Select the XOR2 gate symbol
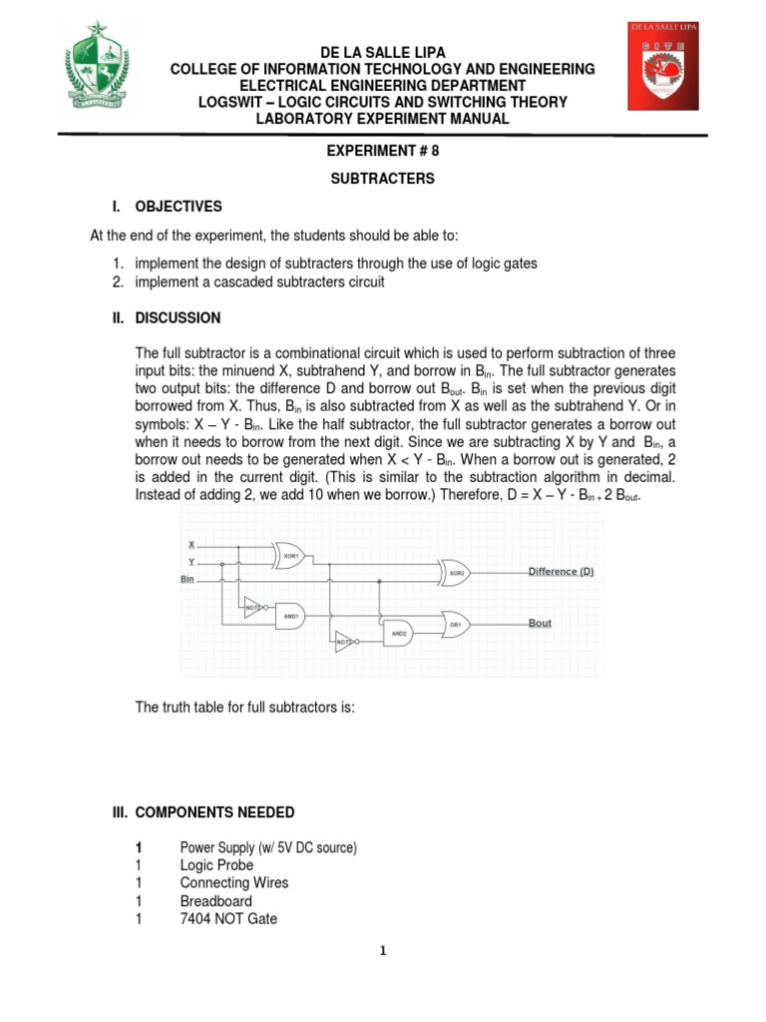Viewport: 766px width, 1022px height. (456, 573)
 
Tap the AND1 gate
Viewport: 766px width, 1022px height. (289, 616)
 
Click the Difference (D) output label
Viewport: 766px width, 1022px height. (561, 571)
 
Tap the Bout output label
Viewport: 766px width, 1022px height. (540, 623)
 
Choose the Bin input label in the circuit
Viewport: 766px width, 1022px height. (187, 578)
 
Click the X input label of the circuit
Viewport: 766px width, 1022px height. (191, 544)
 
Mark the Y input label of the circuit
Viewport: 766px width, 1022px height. (191, 561)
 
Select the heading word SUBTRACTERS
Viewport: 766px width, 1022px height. (383, 179)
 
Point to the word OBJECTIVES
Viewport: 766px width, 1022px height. (179, 207)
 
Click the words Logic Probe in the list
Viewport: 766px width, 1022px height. (216, 865)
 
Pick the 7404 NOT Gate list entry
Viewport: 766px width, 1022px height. (228, 919)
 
